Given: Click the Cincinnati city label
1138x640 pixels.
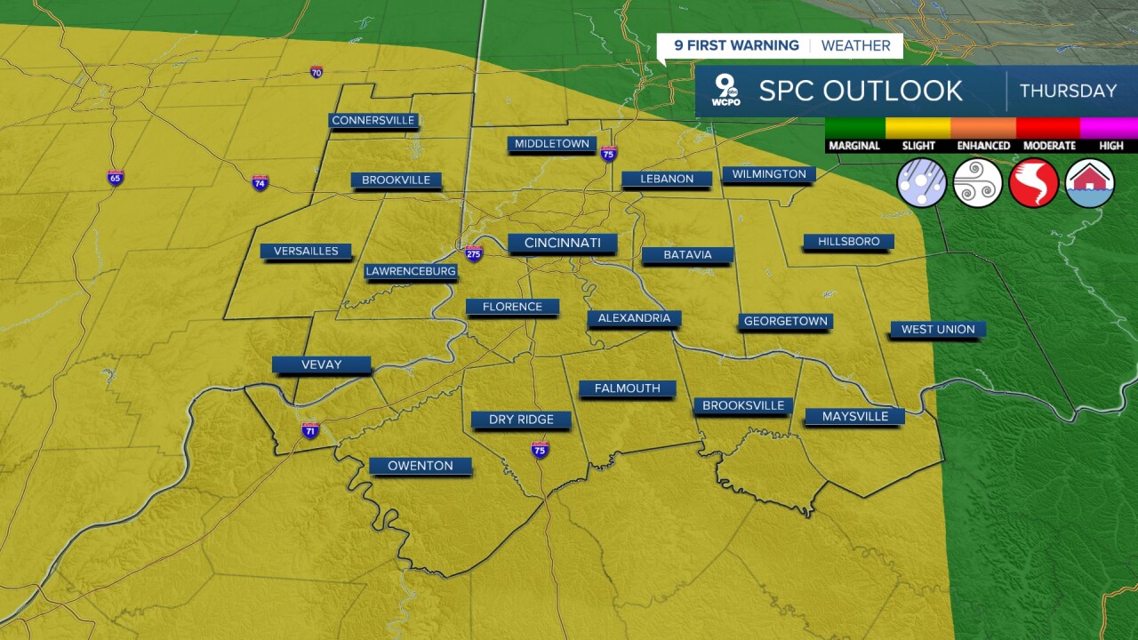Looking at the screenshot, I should (x=562, y=243).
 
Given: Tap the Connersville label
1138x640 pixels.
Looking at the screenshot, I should (x=373, y=120).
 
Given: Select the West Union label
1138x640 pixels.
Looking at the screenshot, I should (x=938, y=329).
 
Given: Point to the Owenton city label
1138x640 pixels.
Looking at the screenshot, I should (x=420, y=466).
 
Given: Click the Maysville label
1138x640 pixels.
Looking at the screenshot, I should (x=854, y=416).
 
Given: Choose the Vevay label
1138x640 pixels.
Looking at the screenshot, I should (x=321, y=364).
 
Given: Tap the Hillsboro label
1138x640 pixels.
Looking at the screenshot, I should (x=848, y=242).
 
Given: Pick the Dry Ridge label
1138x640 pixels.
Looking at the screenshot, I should (x=521, y=420).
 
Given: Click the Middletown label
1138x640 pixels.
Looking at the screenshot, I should (x=551, y=143).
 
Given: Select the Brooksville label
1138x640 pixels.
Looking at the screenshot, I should (x=743, y=405).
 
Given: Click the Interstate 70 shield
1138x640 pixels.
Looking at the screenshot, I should (x=317, y=72).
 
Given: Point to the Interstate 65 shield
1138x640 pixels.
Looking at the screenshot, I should (x=115, y=178).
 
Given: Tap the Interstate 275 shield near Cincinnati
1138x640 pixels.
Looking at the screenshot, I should (x=474, y=253).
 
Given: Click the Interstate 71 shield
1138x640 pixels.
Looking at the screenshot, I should (x=310, y=431).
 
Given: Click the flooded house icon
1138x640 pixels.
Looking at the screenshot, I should (x=1090, y=183).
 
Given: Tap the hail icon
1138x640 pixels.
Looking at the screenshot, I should (x=922, y=183).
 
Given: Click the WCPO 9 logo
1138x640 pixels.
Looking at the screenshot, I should (x=727, y=91).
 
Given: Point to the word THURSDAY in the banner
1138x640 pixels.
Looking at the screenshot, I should (x=1068, y=91).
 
